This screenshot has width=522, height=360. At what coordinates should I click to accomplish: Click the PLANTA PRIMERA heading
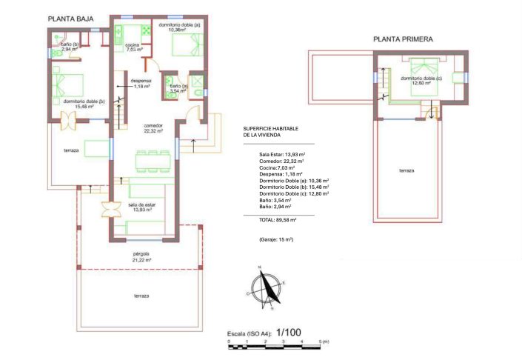tap(403, 40)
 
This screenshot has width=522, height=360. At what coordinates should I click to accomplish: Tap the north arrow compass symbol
tap(266, 290)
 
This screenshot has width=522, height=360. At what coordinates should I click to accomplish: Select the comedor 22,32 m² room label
tap(153, 128)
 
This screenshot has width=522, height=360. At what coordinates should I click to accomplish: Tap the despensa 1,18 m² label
tap(141, 83)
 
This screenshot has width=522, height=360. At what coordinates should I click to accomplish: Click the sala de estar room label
tap(141, 206)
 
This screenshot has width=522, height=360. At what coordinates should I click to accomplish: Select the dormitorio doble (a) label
tap(178, 27)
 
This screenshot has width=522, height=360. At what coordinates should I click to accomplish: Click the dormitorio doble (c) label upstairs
tap(422, 80)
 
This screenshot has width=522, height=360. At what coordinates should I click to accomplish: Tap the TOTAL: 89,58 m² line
tap(278, 220)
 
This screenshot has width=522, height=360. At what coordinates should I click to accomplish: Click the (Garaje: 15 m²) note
tap(276, 240)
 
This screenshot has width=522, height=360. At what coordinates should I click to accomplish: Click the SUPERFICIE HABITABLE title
tap(271, 132)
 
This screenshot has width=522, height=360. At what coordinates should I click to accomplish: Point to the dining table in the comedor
tap(153, 160)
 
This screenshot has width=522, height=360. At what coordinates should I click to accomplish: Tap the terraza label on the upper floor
tap(406, 171)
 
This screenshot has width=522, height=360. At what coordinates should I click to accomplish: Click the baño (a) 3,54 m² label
tap(178, 88)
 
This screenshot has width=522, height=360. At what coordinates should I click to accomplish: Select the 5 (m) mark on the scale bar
tap(323, 341)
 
